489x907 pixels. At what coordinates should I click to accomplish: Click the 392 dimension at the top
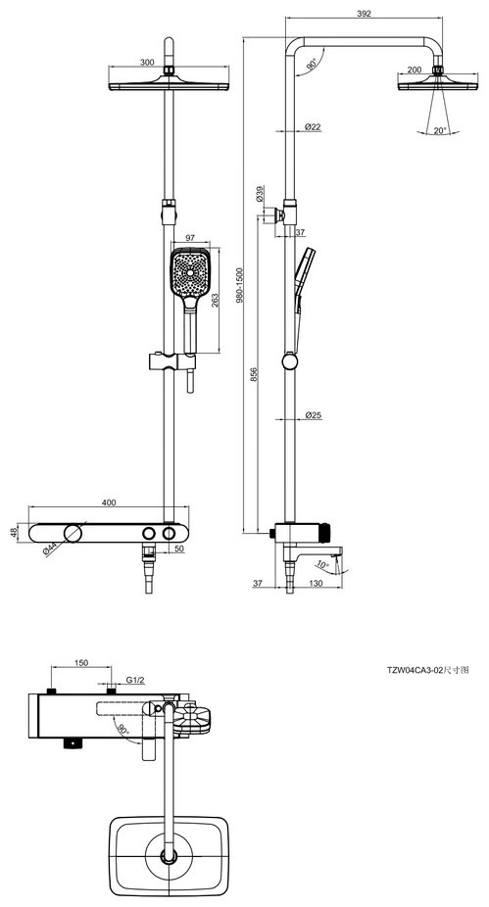coord(365,13)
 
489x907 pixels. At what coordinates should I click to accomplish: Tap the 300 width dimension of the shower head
coord(147,63)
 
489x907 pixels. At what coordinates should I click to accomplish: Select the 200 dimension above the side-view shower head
coord(415,70)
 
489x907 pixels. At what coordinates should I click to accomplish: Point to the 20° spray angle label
coord(440,130)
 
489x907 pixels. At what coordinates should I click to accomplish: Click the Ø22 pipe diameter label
coord(313,126)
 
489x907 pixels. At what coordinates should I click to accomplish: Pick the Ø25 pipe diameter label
coord(313,414)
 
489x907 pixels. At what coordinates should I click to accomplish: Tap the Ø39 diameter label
coord(260,194)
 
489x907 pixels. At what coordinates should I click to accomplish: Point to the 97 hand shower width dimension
coord(190,238)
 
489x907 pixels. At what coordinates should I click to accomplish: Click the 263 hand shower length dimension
coord(214,301)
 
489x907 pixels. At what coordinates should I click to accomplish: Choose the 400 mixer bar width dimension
coord(109,502)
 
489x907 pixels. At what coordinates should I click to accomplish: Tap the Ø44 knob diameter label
coord(49,548)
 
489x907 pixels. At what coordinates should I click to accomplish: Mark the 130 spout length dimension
coord(316,584)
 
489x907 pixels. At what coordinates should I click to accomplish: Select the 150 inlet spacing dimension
coord(81,663)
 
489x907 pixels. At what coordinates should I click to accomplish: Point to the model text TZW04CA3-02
coord(415,670)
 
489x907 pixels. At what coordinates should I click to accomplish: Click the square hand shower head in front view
coord(190,272)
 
